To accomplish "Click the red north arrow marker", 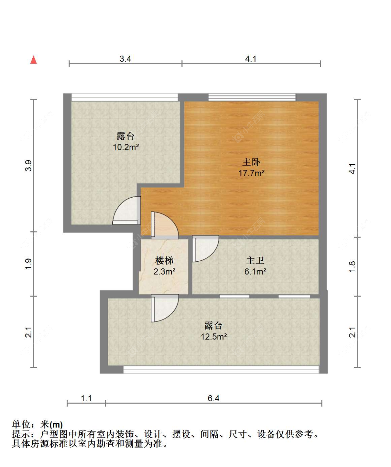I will pos(33,60).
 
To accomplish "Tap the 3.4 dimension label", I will pos(125,59).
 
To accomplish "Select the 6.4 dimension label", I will pos(213,398).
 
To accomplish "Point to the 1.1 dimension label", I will pos(86,398).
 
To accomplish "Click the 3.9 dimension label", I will pos(28,165).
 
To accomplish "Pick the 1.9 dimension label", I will pos(28,264).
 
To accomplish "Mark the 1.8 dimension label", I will pos(352,267).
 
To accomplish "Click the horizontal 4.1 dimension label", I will pos(251,59).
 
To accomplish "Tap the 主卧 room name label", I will pos(251,162).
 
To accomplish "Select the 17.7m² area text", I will pos(251,173).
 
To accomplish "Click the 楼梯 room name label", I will pos(164,261).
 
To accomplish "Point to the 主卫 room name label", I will pos(255,261).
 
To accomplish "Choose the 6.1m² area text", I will pos(255,271).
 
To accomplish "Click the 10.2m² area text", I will pos(126,147).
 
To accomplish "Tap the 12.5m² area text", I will pos(213,337).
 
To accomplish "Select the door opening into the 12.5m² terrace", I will pos(164,308).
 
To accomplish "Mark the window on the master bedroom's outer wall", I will pos(252,97).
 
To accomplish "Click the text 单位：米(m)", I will pos(38,424).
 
